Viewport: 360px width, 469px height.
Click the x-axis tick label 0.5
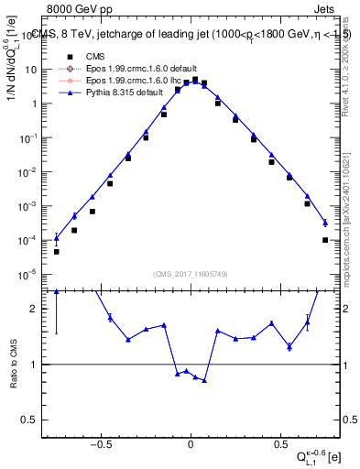tap(278, 444)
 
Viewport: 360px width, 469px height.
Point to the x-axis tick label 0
tap(191, 444)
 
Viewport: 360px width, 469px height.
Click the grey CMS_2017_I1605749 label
tap(191, 274)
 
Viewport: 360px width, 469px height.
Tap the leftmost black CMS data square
tap(56, 251)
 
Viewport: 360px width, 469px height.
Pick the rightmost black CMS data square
tap(325, 240)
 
